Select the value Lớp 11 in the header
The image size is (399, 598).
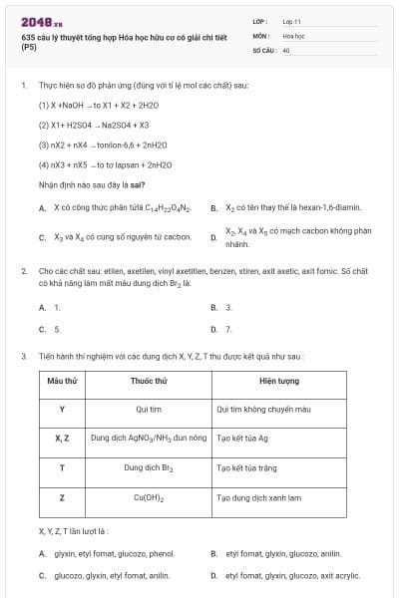point(292,21)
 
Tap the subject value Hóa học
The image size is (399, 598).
point(293,35)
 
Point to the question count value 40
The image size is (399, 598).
point(286,49)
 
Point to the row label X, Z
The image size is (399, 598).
point(62,438)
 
